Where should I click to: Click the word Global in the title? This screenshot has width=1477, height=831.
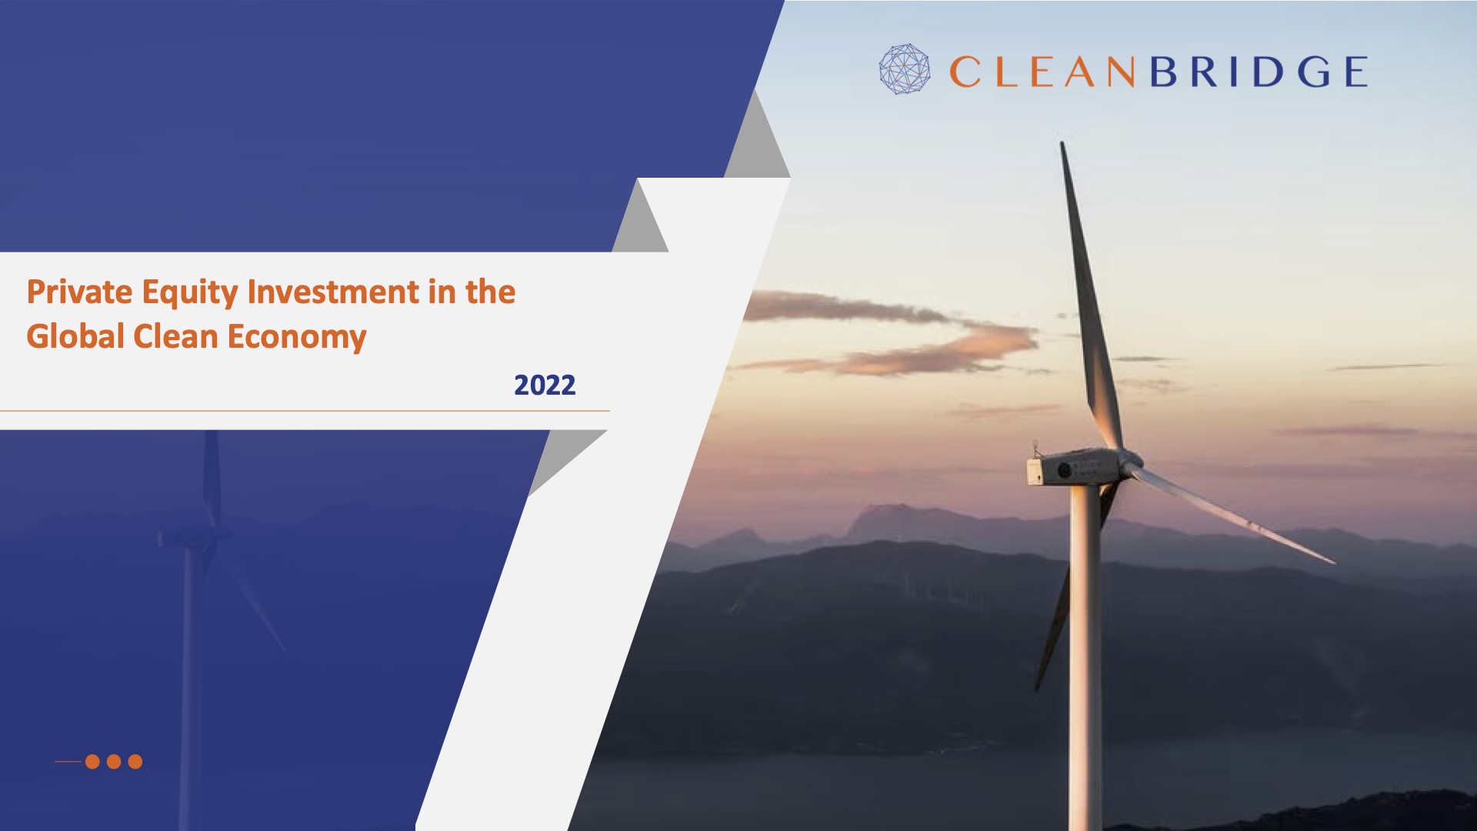(x=75, y=337)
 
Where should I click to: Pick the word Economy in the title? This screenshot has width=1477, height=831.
(x=297, y=338)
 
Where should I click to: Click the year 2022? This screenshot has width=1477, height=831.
(x=545, y=385)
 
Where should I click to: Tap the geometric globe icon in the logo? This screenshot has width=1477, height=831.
(x=905, y=69)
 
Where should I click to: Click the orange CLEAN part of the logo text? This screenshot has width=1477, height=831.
(x=1042, y=72)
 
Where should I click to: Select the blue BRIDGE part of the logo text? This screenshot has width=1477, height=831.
(x=1259, y=72)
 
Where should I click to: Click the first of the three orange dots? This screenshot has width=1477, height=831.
(x=92, y=762)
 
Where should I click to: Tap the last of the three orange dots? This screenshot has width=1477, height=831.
(x=135, y=762)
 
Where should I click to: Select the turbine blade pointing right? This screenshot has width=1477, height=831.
(x=1231, y=512)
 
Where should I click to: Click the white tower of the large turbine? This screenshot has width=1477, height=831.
(x=1085, y=654)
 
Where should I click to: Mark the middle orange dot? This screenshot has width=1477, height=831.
(x=114, y=762)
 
